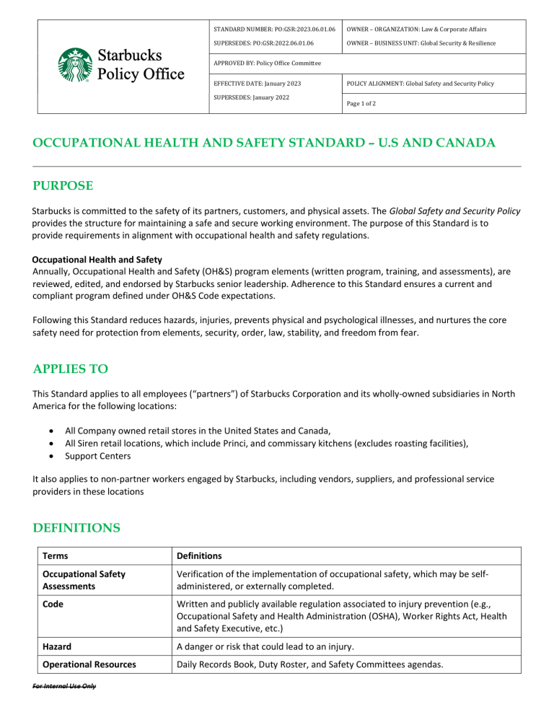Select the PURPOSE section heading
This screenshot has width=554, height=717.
(63, 185)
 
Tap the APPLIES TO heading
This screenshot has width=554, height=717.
(69, 369)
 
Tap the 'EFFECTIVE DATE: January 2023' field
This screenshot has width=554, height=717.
(257, 84)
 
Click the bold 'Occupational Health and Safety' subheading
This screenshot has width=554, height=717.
(97, 258)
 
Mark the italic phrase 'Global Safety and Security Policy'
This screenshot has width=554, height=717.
(454, 211)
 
